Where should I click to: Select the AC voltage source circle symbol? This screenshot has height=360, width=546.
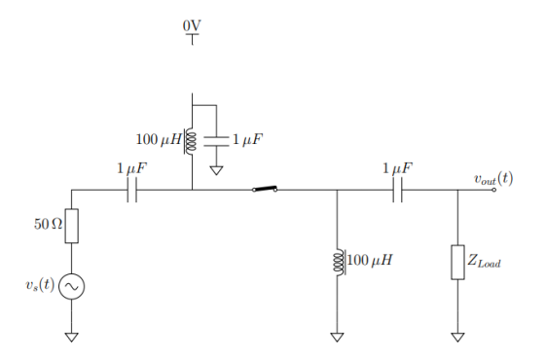point(71,286)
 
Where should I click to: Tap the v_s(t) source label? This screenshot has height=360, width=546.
point(40,286)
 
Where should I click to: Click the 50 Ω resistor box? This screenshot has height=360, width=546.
point(71,226)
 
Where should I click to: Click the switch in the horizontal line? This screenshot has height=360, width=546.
point(264,189)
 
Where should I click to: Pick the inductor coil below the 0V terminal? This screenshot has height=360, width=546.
point(192,141)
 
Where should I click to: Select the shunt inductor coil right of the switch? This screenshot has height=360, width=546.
point(337,262)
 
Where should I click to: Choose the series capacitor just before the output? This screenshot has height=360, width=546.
point(397,190)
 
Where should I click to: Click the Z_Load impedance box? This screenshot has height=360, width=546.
point(457,262)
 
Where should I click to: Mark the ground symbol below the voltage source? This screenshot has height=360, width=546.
point(71,338)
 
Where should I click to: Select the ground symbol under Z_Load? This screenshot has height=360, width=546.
point(457,338)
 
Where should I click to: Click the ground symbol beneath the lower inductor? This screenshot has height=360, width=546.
point(337,338)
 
